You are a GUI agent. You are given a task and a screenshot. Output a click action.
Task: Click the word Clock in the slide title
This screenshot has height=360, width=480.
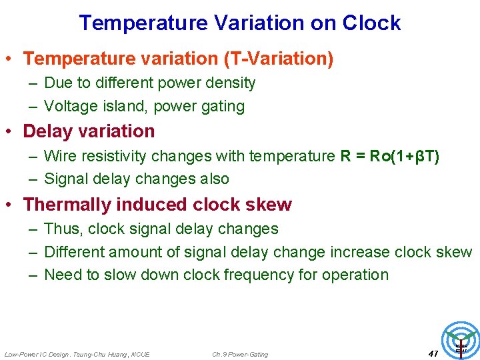coord(371,23)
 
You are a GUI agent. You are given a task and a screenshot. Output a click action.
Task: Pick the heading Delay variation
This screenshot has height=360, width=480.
coord(89,131)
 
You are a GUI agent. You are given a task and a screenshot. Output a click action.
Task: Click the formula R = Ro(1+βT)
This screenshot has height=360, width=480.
coord(389,157)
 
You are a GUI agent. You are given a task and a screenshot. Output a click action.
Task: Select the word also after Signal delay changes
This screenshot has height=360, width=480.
coord(211,179)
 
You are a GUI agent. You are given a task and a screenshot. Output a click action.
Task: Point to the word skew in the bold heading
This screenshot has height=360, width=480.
coord(270,205)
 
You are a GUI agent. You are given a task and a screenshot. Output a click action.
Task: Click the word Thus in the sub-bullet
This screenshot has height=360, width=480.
coord(61,229)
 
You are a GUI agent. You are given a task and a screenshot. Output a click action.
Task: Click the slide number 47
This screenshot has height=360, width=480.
coord(433,353)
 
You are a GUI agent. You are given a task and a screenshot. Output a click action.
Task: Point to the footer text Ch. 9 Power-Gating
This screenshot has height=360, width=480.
coord(240,354)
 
